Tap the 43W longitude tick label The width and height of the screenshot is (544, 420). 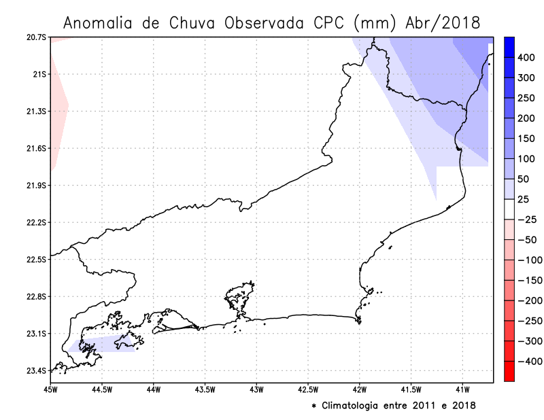[x=256, y=389]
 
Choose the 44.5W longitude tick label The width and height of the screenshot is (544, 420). [x=101, y=389]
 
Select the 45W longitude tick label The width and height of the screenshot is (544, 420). [x=50, y=389]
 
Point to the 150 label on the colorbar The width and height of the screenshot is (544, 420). [x=526, y=138]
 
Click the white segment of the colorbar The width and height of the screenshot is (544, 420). [x=509, y=209]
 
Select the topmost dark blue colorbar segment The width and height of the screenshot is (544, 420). [x=509, y=47]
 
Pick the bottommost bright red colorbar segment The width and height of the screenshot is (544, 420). [x=509, y=371]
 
